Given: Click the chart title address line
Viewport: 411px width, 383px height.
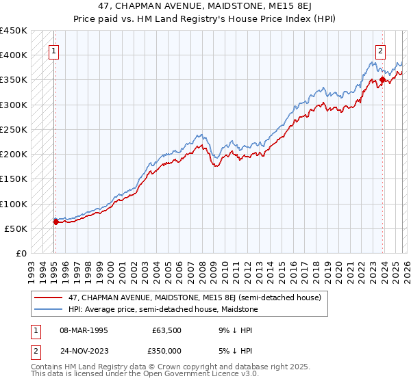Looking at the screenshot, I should pos(205,5).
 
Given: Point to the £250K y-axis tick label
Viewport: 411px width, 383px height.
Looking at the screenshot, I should pos(14,129).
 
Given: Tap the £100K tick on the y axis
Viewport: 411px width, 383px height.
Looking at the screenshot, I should pos(14,204).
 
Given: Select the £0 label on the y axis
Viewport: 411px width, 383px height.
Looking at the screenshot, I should pos(21,253).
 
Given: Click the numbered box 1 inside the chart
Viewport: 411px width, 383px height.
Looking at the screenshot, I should pos(53,50).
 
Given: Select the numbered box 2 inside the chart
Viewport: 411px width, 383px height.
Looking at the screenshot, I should pos(380,50).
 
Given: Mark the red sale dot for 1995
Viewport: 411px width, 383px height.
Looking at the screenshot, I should pos(55,222).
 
